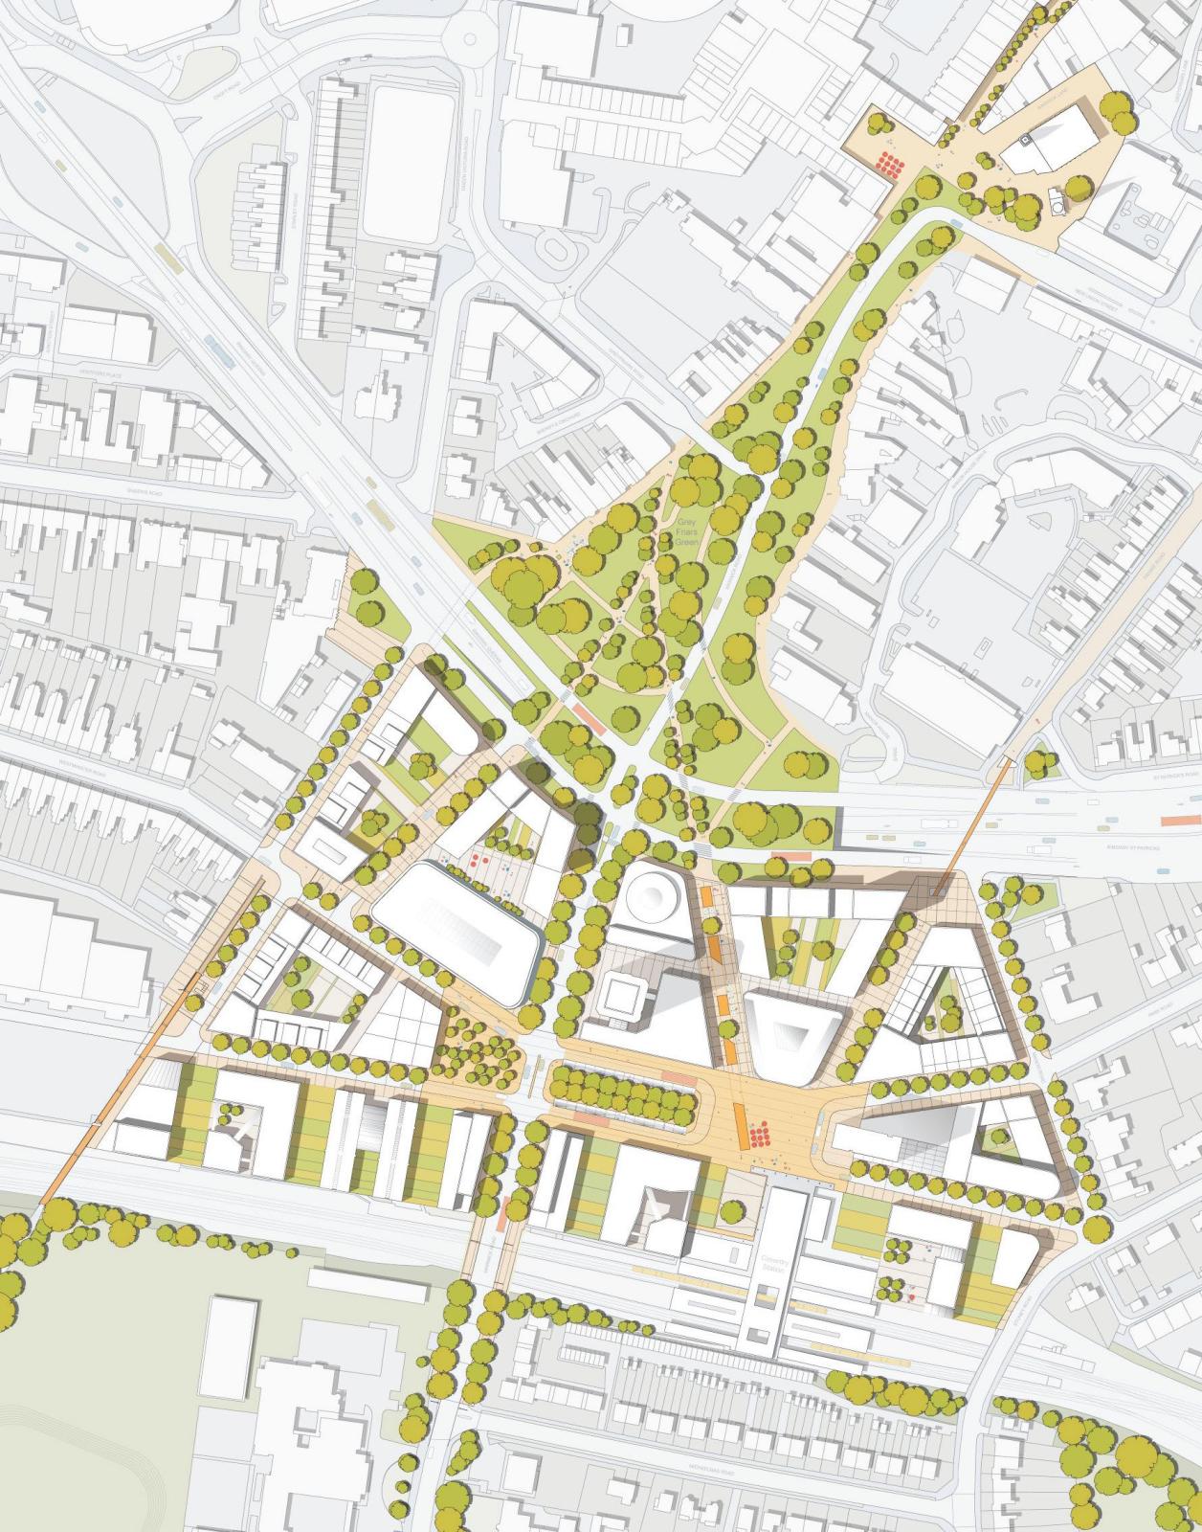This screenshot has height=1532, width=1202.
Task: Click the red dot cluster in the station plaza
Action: click(x=760, y=1137)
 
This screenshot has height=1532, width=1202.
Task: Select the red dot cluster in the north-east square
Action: click(x=891, y=165)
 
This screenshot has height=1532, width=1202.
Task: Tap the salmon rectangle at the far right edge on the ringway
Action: click(x=1175, y=820)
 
